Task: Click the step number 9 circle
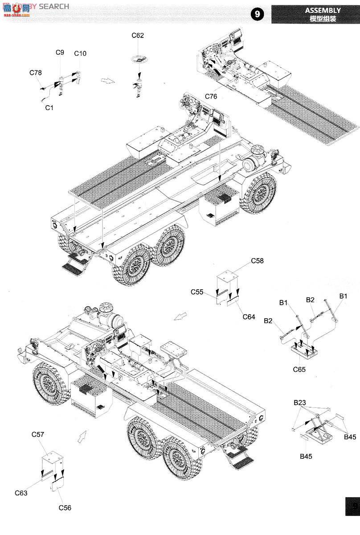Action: pyautogui.click(x=257, y=14)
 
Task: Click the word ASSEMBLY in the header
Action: pyautogui.click(x=323, y=10)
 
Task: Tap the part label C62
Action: pyautogui.click(x=138, y=36)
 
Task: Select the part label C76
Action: pyautogui.click(x=211, y=97)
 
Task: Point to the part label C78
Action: pyautogui.click(x=36, y=73)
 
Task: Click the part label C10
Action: pyautogui.click(x=80, y=53)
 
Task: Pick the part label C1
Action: pyautogui.click(x=49, y=107)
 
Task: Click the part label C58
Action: pyautogui.click(x=257, y=261)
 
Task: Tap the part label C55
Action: pyautogui.click(x=197, y=292)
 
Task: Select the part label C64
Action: pyautogui.click(x=249, y=317)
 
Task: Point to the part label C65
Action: pyautogui.click(x=299, y=369)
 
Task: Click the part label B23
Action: pyautogui.click(x=299, y=403)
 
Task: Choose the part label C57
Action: pyautogui.click(x=38, y=434)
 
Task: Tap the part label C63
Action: pyautogui.click(x=21, y=493)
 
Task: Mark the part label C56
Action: pyautogui.click(x=65, y=508)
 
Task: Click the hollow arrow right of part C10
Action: pyautogui.click(x=107, y=80)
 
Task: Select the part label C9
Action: pyautogui.click(x=60, y=52)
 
